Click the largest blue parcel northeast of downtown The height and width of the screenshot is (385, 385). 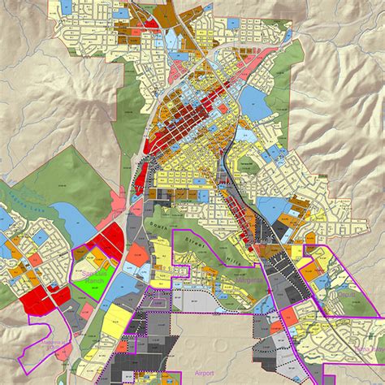tap(254, 102)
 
